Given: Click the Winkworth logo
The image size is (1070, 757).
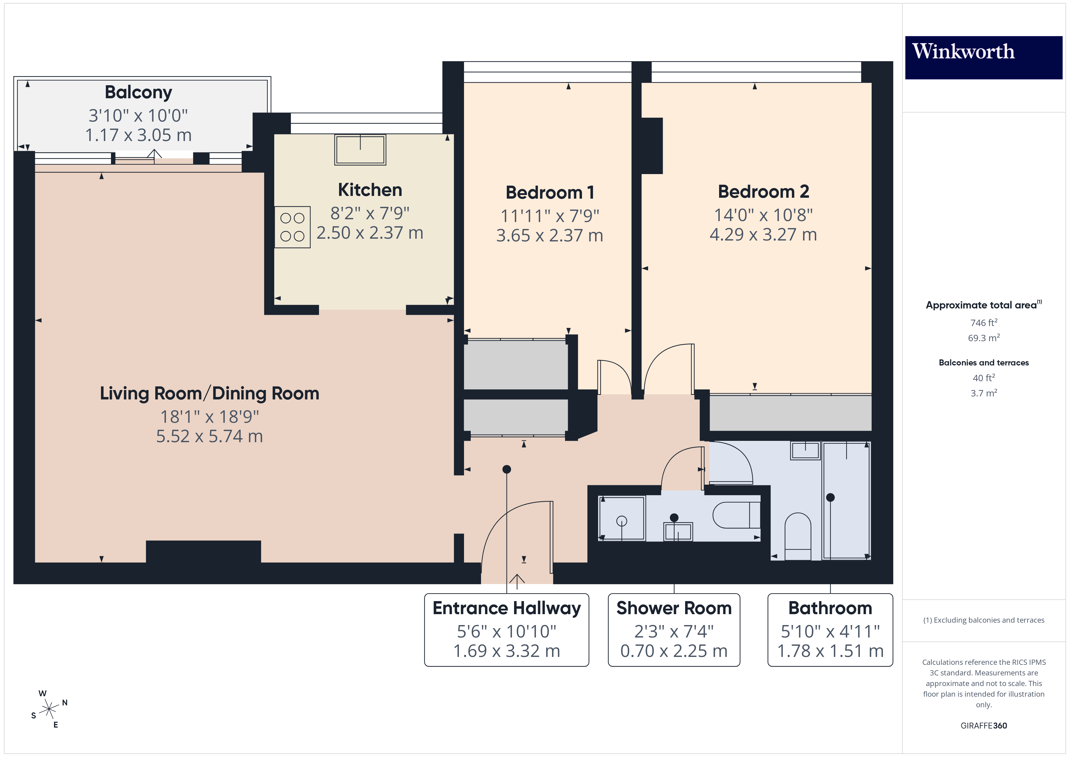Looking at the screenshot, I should click(x=983, y=57).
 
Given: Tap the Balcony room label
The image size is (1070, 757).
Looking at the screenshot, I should click(x=138, y=92).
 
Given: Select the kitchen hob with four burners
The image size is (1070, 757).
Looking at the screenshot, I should click(x=292, y=227).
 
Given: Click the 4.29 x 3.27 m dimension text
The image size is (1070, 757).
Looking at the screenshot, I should click(x=763, y=234).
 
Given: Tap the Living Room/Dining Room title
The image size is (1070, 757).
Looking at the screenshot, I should click(x=209, y=393).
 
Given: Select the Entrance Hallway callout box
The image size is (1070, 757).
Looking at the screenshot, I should click(x=506, y=629).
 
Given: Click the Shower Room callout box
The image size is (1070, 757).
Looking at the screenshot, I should click(x=674, y=629).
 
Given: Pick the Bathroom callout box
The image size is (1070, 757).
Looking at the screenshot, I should click(x=830, y=629).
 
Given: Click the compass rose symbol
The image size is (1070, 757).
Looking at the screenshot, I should click(x=49, y=709).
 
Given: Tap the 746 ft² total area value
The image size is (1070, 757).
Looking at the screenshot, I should click(x=983, y=323).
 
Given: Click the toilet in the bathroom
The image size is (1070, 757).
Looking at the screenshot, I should click(x=798, y=536).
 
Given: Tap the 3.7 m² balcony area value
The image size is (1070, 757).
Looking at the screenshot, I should click(x=983, y=393).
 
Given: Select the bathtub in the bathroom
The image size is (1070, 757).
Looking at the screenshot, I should click(x=846, y=501).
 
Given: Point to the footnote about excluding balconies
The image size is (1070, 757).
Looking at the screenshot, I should click(x=983, y=620).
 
